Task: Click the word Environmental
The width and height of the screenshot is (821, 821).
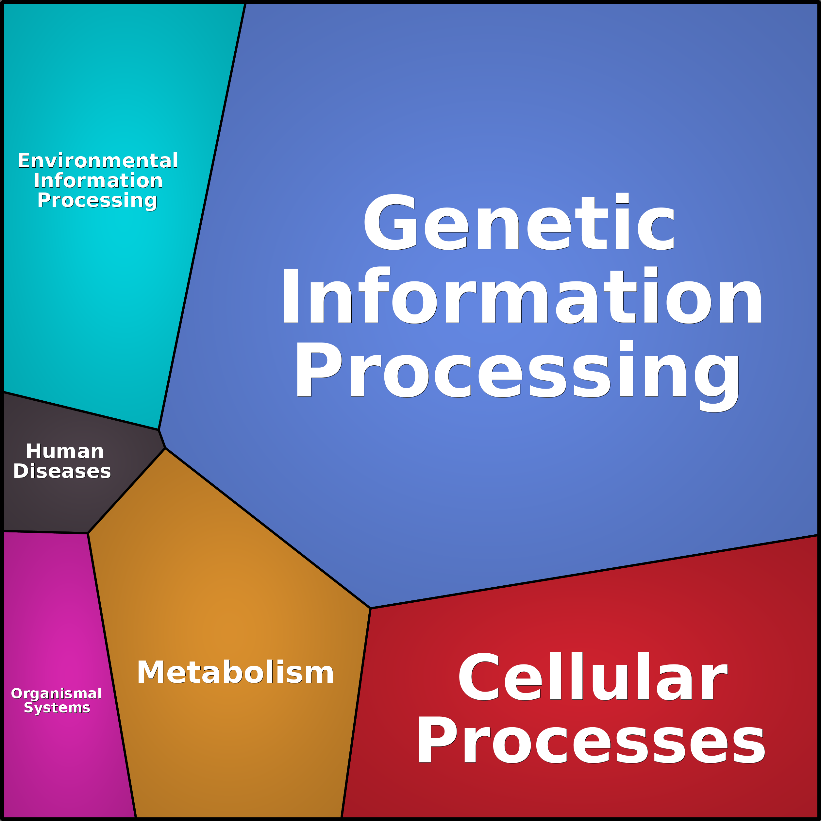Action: click(x=98, y=160)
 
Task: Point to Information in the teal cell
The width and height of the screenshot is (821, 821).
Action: click(x=98, y=181)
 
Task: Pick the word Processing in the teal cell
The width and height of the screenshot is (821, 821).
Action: click(x=97, y=200)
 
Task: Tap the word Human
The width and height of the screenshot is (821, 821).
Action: click(x=65, y=451)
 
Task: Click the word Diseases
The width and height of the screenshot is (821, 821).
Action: click(x=62, y=471)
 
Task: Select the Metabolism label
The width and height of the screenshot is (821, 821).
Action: click(x=235, y=672)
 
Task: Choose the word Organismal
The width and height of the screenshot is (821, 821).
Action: click(x=57, y=694)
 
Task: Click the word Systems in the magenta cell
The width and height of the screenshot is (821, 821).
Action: click(x=57, y=708)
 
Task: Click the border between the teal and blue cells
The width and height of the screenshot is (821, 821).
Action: click(x=202, y=212)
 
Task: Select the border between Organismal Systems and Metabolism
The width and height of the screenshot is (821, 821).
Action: click(x=112, y=676)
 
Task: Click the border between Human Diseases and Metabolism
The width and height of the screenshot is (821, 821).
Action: click(x=126, y=490)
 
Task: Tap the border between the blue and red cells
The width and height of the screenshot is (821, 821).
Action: click(x=595, y=572)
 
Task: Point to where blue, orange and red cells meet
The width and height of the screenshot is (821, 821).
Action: click(x=371, y=608)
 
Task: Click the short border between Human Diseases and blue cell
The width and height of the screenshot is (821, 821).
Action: click(x=162, y=439)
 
